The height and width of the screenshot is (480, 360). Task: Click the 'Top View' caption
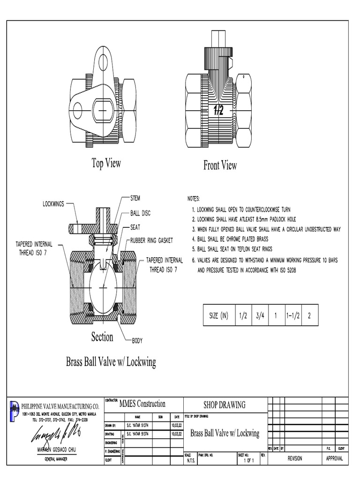(106, 163)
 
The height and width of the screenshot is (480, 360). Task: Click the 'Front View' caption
(220, 165)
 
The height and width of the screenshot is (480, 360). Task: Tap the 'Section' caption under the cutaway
(102, 337)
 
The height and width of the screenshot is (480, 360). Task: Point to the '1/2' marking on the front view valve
(218, 111)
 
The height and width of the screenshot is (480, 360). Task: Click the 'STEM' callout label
(135, 198)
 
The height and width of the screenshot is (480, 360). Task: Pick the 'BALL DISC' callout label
(140, 213)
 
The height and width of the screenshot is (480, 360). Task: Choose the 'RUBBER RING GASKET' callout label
(151, 240)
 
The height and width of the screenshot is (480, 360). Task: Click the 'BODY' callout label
(138, 341)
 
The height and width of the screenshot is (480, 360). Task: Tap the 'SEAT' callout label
(135, 227)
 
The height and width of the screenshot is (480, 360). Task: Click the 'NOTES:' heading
(194, 199)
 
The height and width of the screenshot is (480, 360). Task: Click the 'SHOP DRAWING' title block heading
(224, 405)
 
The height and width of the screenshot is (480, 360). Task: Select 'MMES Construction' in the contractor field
(142, 404)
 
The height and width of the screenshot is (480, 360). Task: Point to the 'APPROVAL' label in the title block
(334, 458)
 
